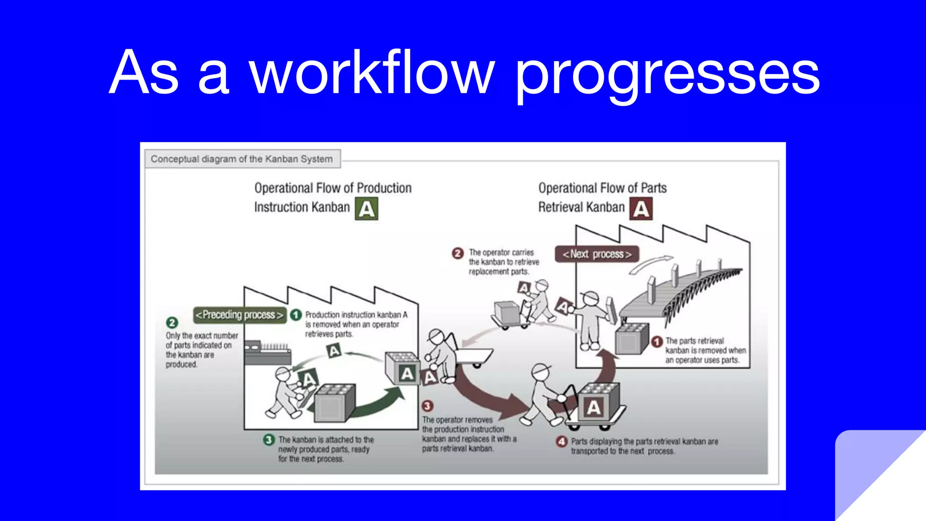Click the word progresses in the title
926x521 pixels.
(x=667, y=75)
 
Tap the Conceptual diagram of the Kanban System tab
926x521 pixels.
(x=242, y=159)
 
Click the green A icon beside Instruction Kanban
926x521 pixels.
(x=366, y=209)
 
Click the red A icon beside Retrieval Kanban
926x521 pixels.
(x=641, y=209)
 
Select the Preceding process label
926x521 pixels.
(x=240, y=315)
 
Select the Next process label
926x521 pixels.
(x=597, y=254)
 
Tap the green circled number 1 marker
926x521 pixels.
(x=296, y=315)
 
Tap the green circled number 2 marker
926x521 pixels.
(x=172, y=322)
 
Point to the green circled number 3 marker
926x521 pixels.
(x=269, y=440)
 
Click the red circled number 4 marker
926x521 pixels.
(x=562, y=441)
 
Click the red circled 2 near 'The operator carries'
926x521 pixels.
(x=458, y=253)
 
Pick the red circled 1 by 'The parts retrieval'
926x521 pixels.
(x=657, y=341)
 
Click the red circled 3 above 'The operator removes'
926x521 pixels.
(x=427, y=406)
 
